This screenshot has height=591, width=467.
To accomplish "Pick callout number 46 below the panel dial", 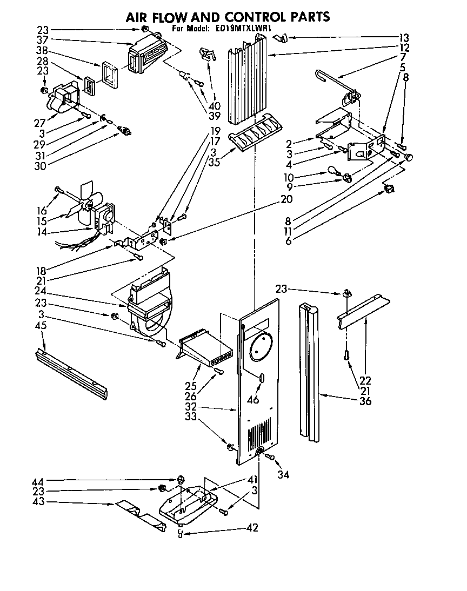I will (x=252, y=400).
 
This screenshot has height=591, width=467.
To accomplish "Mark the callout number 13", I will (x=404, y=38).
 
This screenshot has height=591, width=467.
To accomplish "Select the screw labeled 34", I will (x=271, y=458).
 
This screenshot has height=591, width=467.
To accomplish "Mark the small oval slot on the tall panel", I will (x=262, y=378).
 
